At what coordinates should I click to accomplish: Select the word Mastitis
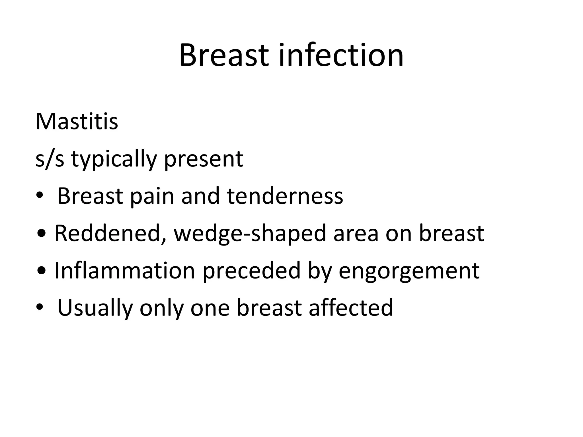(77, 122)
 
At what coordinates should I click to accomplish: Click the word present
(204, 159)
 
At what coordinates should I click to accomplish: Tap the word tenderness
(285, 196)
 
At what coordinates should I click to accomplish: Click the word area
(356, 234)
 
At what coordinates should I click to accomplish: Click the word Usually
(95, 308)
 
